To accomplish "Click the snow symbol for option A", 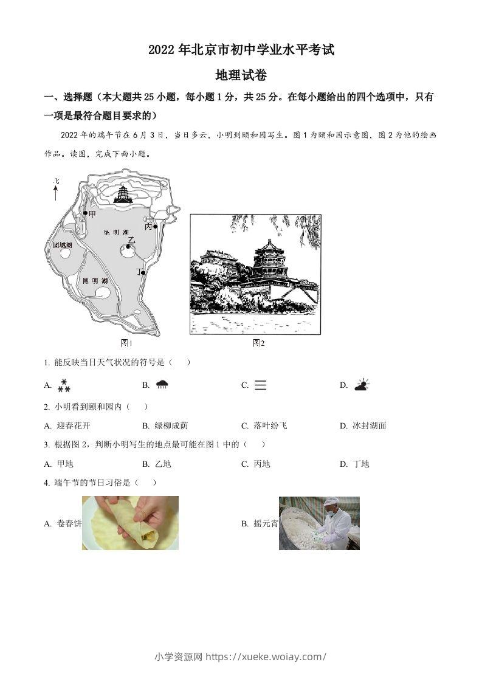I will pos(64,385).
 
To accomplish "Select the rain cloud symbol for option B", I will pos(162,384).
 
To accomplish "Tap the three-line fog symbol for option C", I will pos(260,385).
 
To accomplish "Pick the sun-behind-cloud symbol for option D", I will pos(362,385).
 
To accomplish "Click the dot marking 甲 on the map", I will pos(85,213).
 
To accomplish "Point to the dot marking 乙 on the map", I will pos(128,246).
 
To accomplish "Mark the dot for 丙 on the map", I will pos(156,226).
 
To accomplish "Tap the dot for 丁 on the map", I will pos(143,272).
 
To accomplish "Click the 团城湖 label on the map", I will pos(62,245).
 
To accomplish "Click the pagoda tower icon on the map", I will pos(123,193).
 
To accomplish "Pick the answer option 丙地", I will pos(261,464).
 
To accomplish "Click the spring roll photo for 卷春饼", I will pos(130,523).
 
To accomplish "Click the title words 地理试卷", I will pos(241,75).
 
